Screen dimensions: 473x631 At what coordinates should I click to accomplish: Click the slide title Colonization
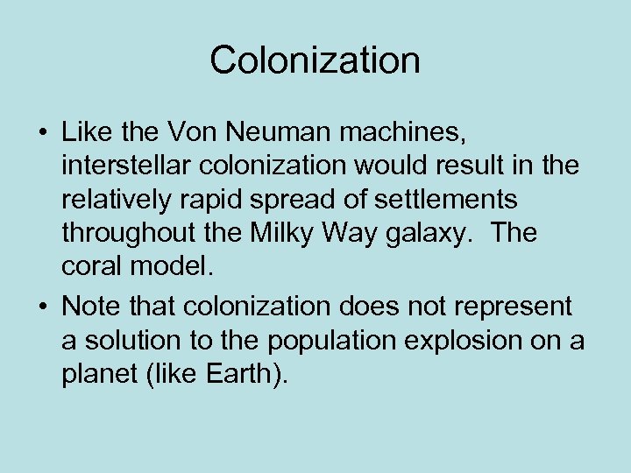point(315,60)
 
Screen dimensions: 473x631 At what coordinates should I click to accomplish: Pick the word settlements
point(446,201)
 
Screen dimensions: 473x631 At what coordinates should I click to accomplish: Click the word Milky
point(281,234)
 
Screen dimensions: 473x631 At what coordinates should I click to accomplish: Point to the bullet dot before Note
point(43,307)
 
